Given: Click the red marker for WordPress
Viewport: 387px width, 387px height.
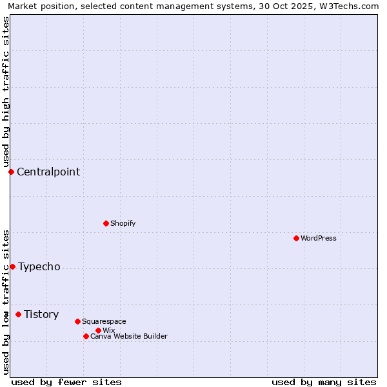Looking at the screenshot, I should click(x=296, y=238).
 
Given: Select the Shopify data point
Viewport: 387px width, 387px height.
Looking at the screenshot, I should click(x=106, y=223).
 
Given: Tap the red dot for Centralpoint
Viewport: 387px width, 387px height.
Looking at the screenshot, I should click(x=11, y=172).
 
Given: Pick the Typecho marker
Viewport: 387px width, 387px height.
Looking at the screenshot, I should click(x=12, y=266).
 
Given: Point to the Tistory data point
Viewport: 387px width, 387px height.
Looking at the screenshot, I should click(x=18, y=314).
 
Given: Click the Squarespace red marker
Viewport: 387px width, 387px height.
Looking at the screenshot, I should click(x=77, y=321).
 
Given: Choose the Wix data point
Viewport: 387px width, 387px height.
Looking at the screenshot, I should click(x=98, y=330).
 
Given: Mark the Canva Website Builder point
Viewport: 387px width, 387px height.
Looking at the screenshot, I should click(x=86, y=336).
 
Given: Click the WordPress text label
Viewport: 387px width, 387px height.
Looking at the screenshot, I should click(x=319, y=238).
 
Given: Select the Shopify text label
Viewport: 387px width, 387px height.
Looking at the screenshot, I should click(x=123, y=223).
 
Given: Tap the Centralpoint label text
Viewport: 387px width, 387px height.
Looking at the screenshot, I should click(x=48, y=172).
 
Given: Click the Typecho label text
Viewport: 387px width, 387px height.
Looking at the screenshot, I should click(x=39, y=266).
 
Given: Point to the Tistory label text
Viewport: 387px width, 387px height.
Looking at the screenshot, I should click(x=41, y=314).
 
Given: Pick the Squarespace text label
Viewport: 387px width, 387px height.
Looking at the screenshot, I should click(x=104, y=321).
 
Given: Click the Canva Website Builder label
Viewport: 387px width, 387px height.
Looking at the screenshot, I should click(x=129, y=336).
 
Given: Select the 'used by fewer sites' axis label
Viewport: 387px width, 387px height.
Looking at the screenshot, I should click(x=66, y=382).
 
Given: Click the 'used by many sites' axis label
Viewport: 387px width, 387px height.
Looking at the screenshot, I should click(x=324, y=382).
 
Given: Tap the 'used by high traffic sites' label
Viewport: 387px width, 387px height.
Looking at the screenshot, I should click(x=6, y=92).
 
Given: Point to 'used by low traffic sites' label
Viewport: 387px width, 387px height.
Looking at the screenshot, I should click(x=6, y=301).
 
